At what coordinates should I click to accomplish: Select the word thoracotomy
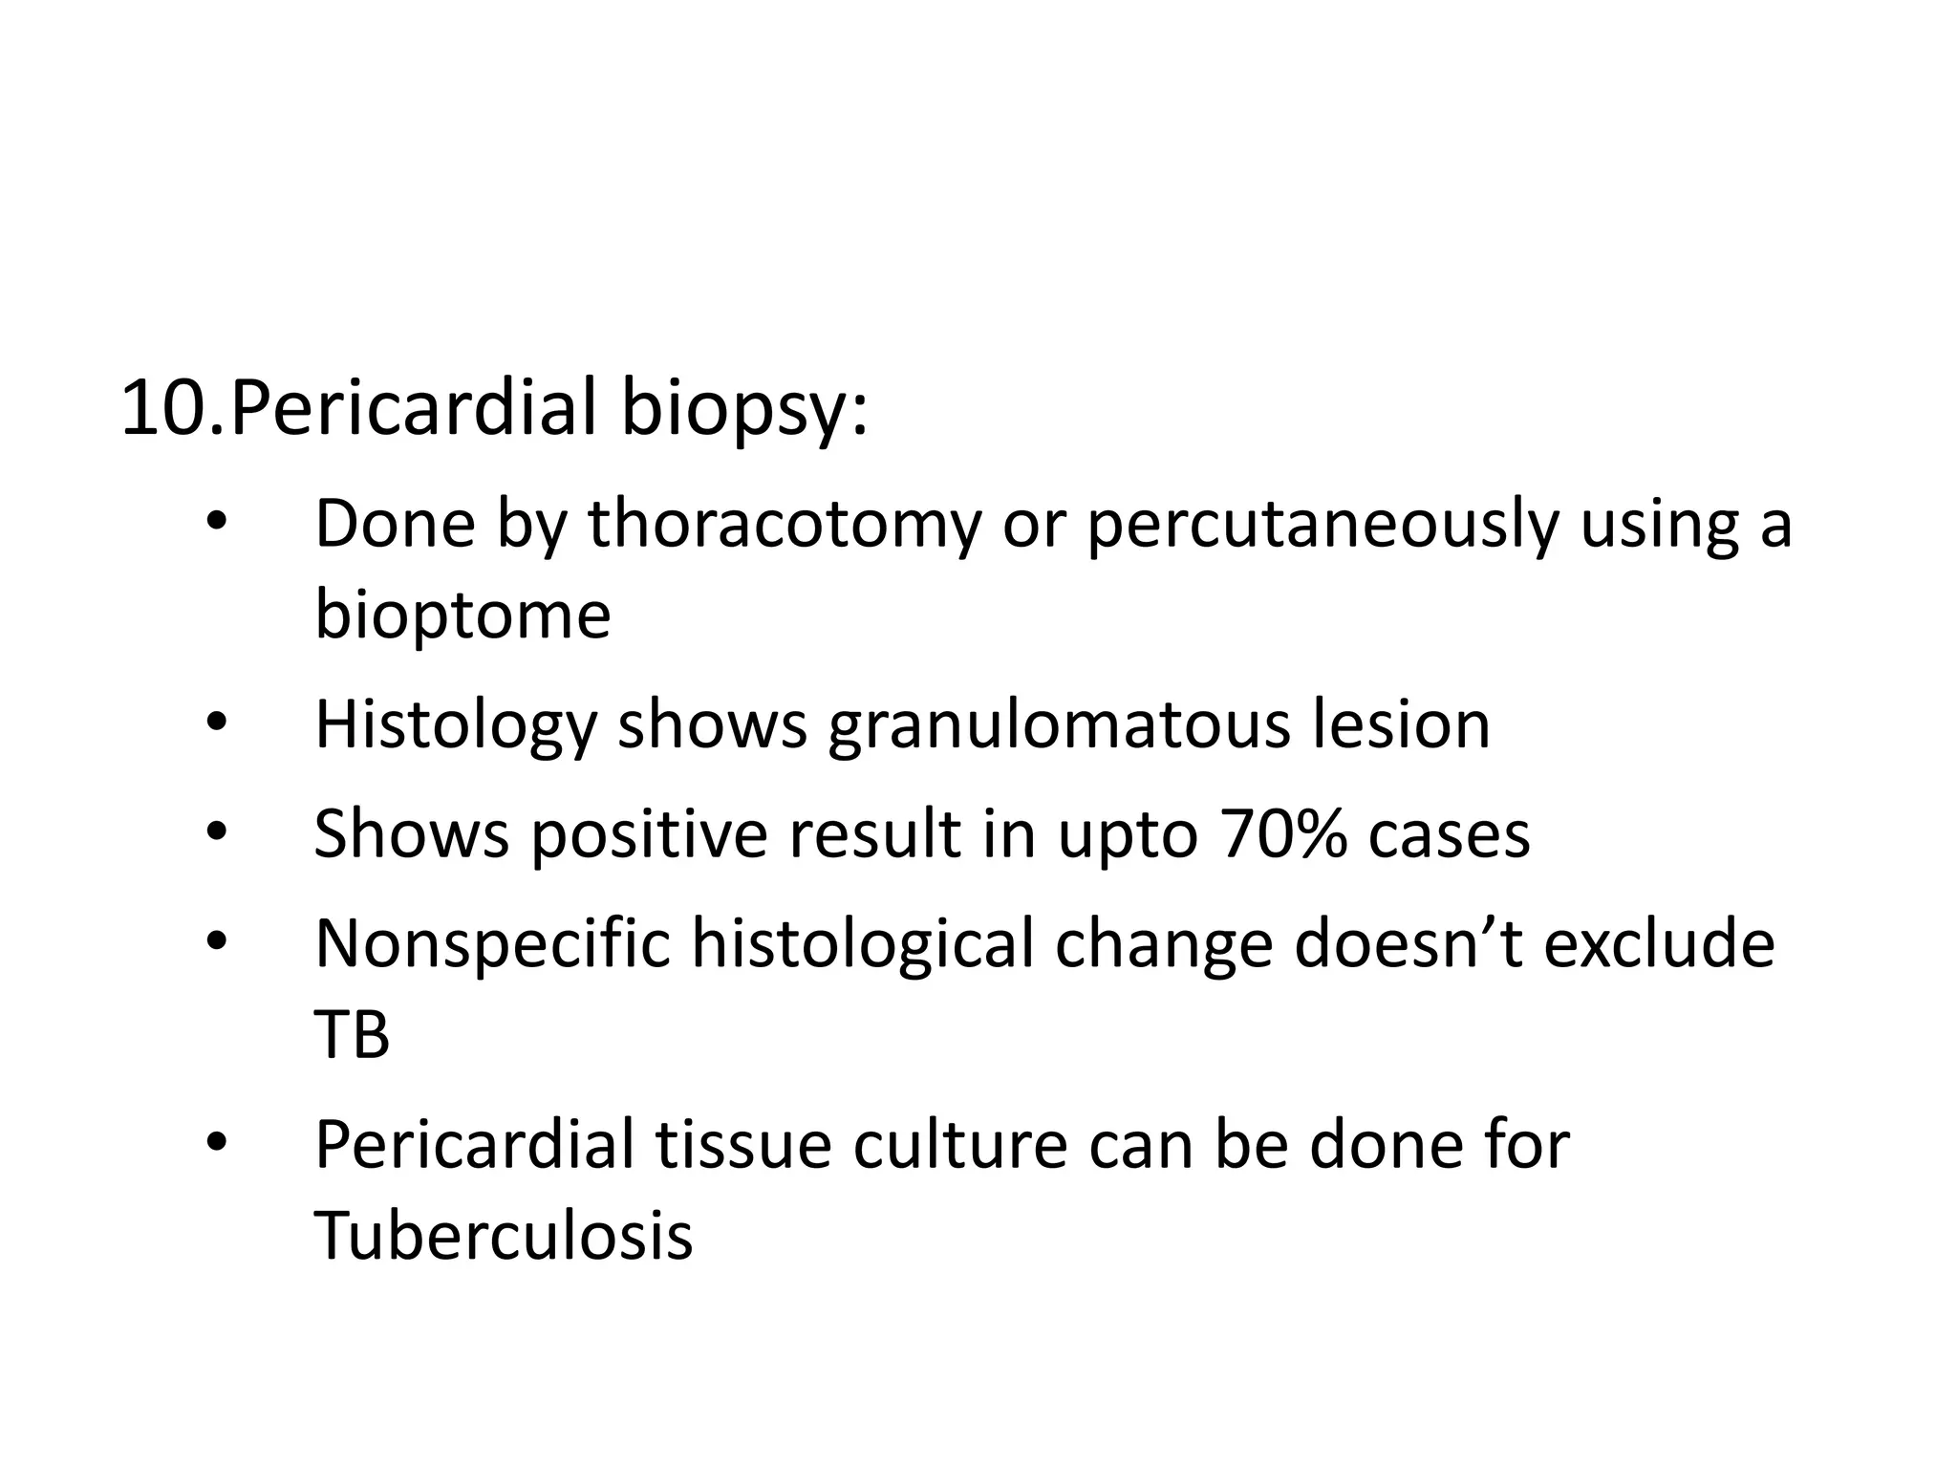(x=785, y=526)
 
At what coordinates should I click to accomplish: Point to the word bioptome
(x=462, y=616)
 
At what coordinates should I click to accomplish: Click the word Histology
(x=456, y=726)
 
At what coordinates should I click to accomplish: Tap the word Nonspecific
(x=493, y=944)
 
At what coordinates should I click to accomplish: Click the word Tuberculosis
(x=504, y=1235)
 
